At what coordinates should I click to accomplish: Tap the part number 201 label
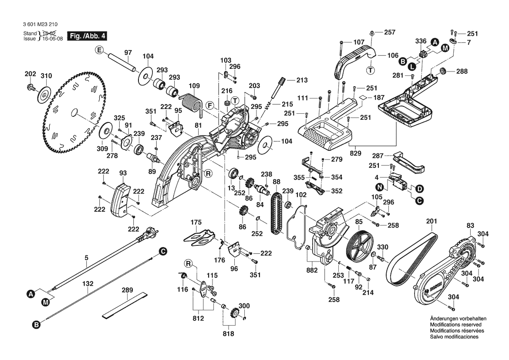coord(431,221)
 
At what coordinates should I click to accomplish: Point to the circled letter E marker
coord(99,51)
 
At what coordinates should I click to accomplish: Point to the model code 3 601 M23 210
coord(41,25)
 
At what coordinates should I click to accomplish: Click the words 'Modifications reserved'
coord(455,325)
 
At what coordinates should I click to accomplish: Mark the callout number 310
coord(46,76)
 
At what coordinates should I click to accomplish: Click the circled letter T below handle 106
coord(371,70)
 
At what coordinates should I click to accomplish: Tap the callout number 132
coord(88,283)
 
